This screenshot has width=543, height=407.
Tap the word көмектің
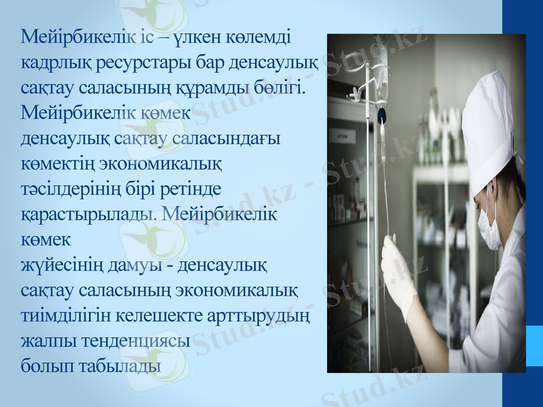[57, 164]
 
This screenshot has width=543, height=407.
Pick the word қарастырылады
[88, 215]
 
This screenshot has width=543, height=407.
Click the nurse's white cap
[486, 125]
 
